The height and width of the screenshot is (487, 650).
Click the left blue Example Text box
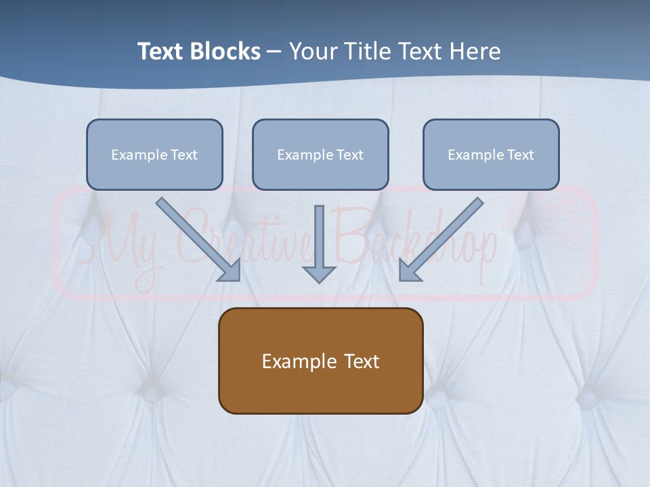click(x=154, y=154)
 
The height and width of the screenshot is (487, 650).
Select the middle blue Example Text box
click(x=320, y=154)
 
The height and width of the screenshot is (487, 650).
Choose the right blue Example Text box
click(x=491, y=154)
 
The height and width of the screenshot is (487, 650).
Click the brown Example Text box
click(x=320, y=361)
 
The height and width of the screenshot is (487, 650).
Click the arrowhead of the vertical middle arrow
click(x=320, y=274)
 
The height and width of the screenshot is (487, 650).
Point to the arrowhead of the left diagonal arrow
click(x=230, y=270)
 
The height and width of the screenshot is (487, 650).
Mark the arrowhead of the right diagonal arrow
click(x=408, y=270)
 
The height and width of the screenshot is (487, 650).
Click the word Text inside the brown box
click(x=362, y=361)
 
